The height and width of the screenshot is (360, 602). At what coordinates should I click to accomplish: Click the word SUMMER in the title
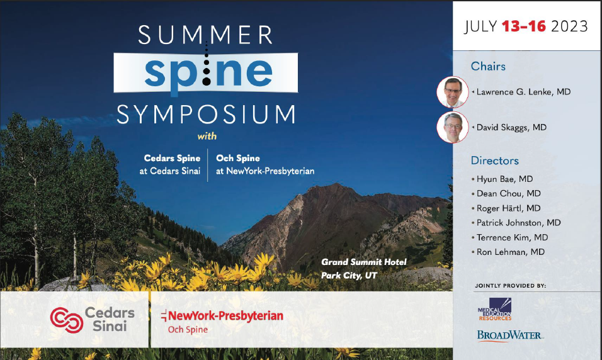[205, 35]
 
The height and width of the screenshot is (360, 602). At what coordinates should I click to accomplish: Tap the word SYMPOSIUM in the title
[207, 115]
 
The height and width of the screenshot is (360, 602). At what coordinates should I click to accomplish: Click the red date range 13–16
[524, 26]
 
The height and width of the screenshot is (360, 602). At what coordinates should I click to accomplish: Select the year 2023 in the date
[569, 26]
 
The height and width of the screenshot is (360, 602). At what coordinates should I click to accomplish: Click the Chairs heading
[488, 66]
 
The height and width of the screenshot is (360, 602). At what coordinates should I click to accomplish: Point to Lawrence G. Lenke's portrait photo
[453, 92]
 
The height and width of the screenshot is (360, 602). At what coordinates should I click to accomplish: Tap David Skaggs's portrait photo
[453, 127]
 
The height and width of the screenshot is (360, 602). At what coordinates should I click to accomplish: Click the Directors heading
[494, 160]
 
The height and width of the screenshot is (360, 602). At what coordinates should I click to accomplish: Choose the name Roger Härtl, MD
[508, 208]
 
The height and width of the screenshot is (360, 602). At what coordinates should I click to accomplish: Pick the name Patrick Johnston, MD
[518, 223]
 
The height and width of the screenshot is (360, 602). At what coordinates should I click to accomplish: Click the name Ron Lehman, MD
[510, 252]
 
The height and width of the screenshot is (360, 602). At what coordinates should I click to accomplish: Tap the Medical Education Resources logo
[495, 309]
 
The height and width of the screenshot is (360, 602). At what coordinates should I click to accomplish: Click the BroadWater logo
[510, 335]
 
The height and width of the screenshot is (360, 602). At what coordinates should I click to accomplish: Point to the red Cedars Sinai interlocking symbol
[66, 320]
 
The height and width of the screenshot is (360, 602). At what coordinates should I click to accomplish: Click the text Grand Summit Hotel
[363, 262]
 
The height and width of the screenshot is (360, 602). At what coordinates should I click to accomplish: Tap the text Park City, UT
[349, 275]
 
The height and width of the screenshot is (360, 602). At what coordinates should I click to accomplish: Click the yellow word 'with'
[207, 136]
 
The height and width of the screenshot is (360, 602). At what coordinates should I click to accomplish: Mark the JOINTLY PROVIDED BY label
[510, 286]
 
